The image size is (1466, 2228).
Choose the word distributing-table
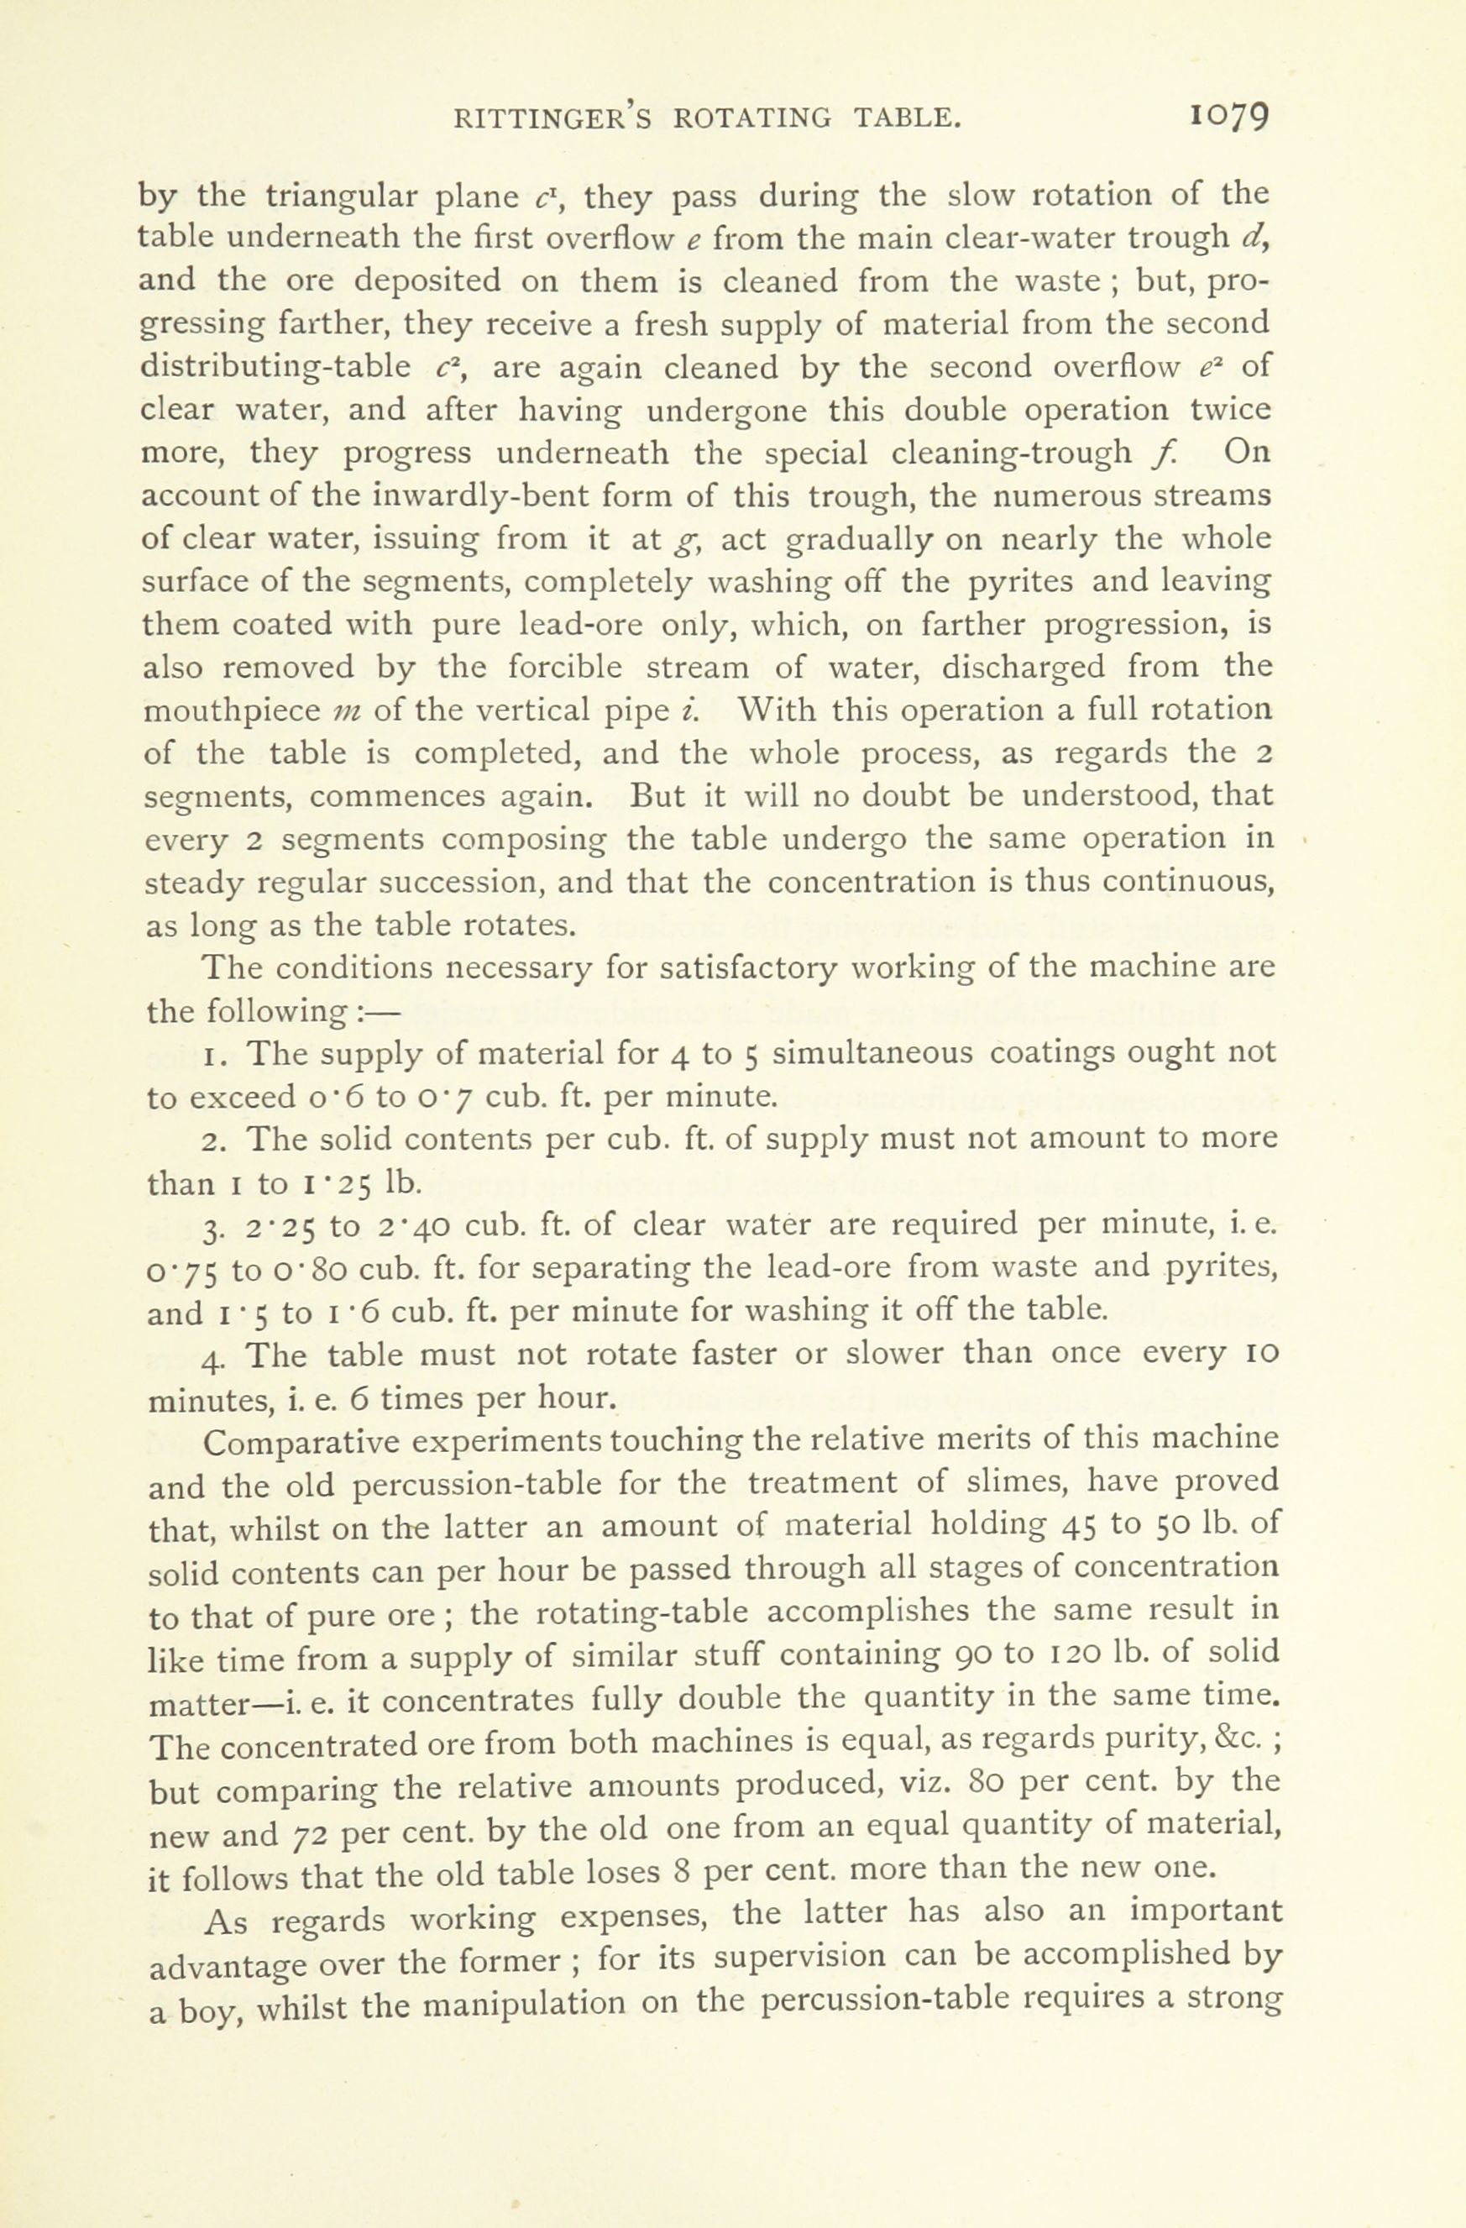(x=275, y=368)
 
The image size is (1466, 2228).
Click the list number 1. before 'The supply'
(x=212, y=1054)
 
